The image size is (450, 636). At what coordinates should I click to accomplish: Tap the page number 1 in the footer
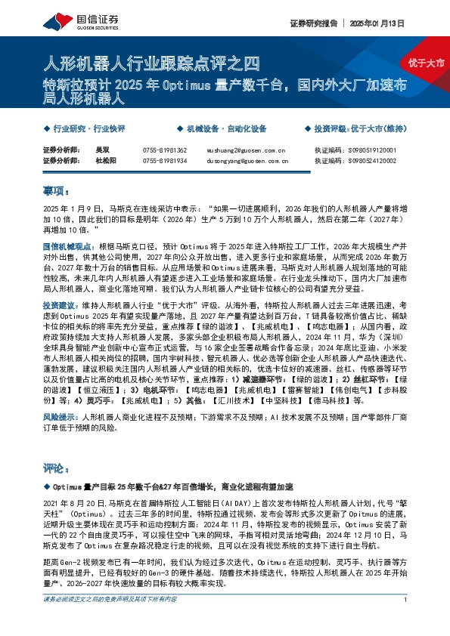(406, 620)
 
